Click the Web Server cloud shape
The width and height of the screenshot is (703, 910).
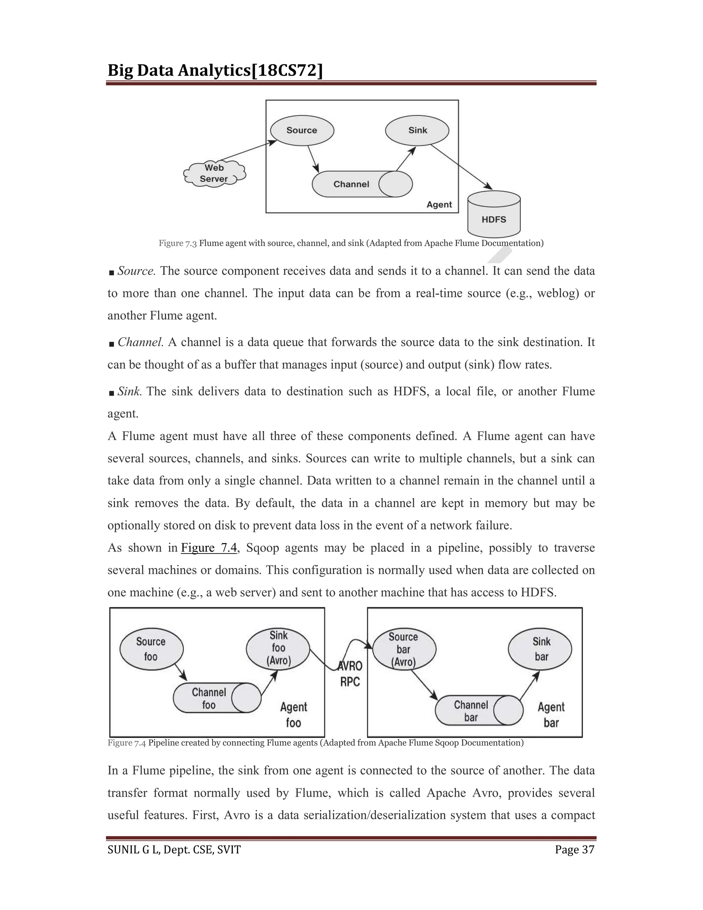(215, 174)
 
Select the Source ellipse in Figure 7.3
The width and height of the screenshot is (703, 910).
(302, 130)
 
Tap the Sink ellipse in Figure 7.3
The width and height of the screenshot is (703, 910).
(417, 130)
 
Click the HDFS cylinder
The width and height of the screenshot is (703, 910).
(494, 215)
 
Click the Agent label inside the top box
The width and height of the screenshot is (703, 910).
(439, 205)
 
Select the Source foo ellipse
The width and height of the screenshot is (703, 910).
(151, 649)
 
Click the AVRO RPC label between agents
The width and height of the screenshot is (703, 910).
(350, 674)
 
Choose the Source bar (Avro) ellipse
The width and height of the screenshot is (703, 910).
(404, 649)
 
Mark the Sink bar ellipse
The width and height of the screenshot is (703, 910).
(540, 649)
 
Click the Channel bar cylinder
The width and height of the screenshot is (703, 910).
(479, 710)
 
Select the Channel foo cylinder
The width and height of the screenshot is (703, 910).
(217, 698)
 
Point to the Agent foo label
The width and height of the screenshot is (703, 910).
(293, 715)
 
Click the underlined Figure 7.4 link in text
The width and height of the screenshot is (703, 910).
(209, 547)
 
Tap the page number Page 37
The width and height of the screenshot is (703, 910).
(574, 850)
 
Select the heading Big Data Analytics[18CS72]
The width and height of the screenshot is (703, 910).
(215, 70)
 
